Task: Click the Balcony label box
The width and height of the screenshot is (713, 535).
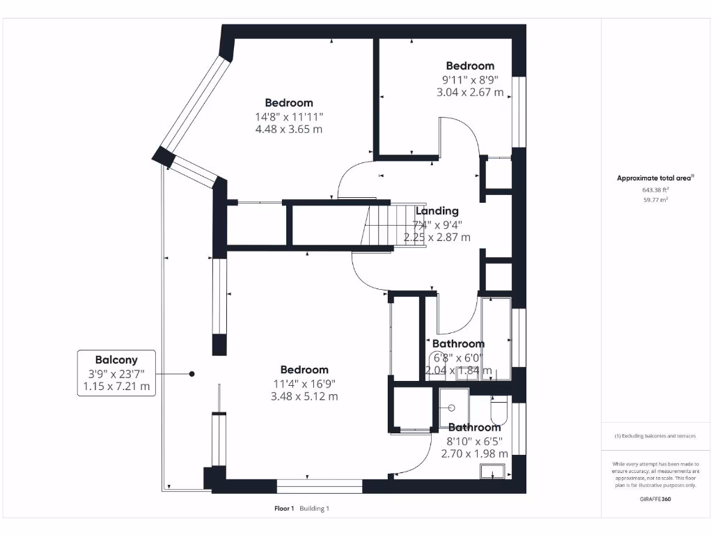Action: click(x=116, y=373)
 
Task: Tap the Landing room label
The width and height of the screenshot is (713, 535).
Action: click(x=437, y=210)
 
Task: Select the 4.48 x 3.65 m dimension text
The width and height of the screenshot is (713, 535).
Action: click(x=289, y=129)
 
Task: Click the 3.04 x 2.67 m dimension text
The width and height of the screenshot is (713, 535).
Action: click(x=470, y=93)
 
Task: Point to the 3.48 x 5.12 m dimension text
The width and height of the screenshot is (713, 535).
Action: click(x=304, y=396)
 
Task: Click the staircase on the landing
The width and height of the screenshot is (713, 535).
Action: click(x=394, y=226)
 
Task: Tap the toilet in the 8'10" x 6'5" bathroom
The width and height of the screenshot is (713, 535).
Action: click(x=499, y=410)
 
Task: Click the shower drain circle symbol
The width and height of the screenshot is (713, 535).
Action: click(x=451, y=408)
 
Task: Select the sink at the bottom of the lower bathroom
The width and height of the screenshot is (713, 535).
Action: click(x=492, y=472)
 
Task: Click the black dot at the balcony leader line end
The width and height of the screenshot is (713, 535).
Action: click(x=192, y=374)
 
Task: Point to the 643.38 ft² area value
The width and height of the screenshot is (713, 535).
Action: click(x=655, y=189)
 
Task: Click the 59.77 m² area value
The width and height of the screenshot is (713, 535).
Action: click(x=655, y=200)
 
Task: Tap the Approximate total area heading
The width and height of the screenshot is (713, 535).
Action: click(x=655, y=178)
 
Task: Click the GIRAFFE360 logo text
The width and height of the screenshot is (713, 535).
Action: click(x=655, y=499)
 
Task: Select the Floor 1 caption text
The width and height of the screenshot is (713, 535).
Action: click(x=284, y=509)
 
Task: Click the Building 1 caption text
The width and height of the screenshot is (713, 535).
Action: click(x=314, y=509)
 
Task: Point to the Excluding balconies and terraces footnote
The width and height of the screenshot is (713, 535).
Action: click(x=655, y=436)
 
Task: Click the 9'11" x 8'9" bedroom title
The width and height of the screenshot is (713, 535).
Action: click(x=470, y=66)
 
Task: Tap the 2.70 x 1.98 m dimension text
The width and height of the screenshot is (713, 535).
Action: click(x=474, y=453)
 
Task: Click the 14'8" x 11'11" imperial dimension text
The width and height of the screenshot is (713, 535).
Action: click(x=289, y=117)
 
